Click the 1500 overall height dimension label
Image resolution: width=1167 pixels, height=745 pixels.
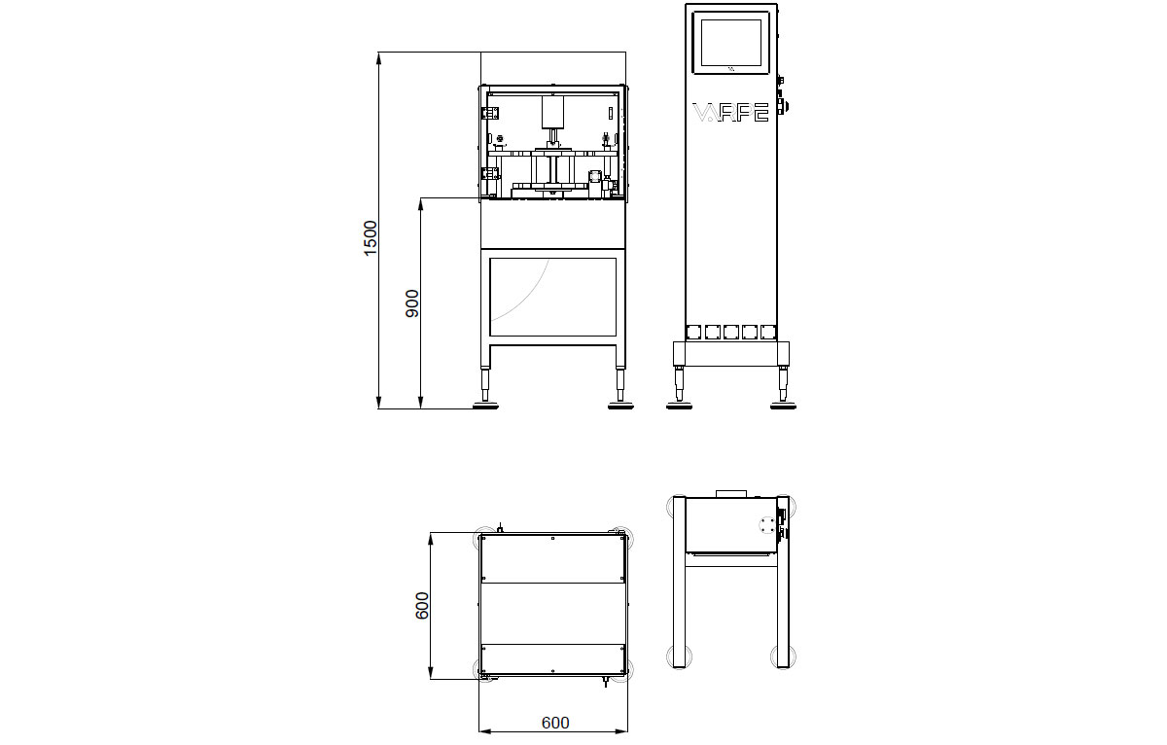point(370,238)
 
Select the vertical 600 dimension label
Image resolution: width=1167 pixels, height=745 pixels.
point(422,606)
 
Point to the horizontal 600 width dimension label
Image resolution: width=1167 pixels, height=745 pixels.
point(554,723)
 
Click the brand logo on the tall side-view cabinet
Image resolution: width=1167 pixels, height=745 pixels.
point(730,112)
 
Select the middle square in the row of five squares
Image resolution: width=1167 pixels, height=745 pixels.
point(731,331)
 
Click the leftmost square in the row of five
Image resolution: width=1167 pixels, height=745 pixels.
point(694,331)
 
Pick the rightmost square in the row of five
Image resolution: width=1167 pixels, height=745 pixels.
point(768,331)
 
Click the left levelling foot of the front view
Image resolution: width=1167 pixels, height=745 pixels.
point(486,404)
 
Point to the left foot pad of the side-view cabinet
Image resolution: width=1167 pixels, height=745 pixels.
point(679,404)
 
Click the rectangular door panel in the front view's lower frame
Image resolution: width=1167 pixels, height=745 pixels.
point(552,297)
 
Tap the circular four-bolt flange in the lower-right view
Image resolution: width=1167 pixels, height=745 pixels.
point(768,524)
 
